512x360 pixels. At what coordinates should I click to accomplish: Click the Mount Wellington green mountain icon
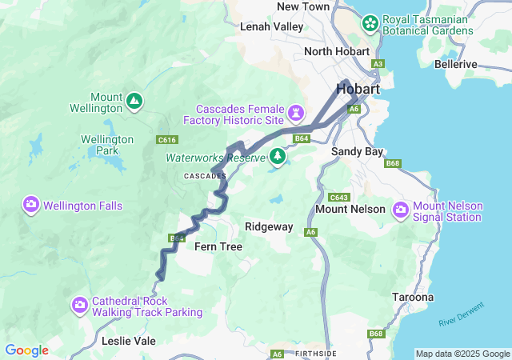click(x=134, y=102)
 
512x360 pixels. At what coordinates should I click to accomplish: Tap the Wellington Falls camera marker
click(x=31, y=206)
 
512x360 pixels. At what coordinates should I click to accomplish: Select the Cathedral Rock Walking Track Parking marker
click(x=79, y=305)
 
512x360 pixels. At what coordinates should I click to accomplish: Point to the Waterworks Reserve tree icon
click(x=277, y=156)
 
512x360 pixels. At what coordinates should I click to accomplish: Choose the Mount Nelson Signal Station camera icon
click(x=400, y=210)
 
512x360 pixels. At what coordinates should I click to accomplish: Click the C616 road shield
click(x=166, y=140)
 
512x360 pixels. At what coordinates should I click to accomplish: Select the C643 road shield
click(x=339, y=197)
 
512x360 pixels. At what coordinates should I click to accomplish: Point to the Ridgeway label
click(x=269, y=227)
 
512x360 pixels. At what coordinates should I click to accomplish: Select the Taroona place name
click(x=413, y=298)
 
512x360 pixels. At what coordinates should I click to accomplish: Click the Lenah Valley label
click(x=272, y=26)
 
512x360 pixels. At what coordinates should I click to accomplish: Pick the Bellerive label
click(x=455, y=64)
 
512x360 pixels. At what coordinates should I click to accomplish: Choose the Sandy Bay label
click(x=358, y=151)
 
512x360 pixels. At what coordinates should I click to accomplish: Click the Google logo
click(x=26, y=350)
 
